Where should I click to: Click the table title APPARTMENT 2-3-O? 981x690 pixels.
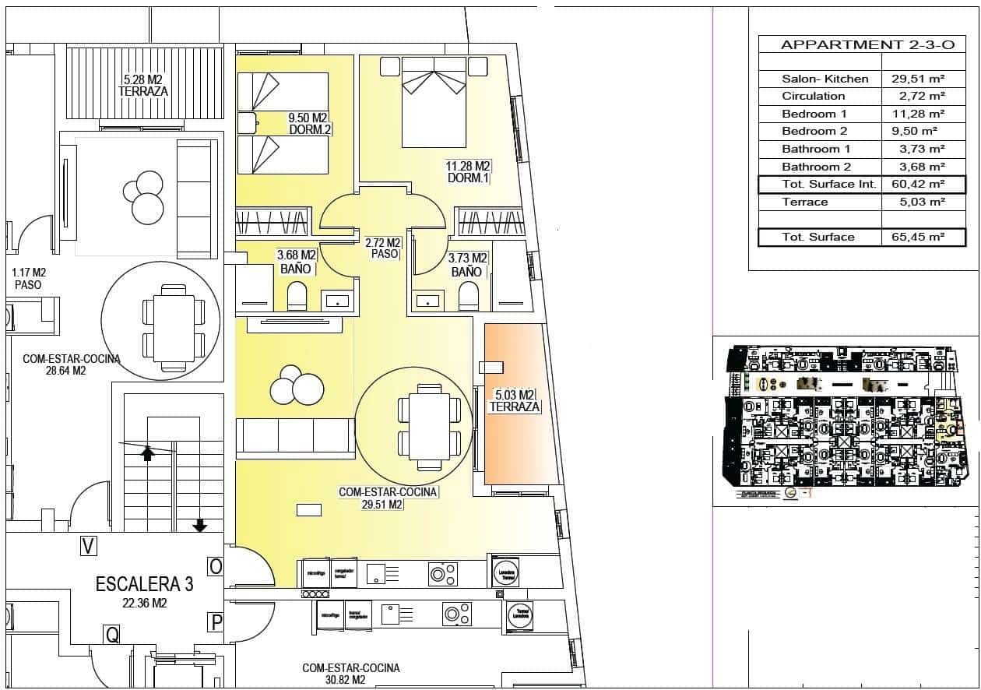pyautogui.click(x=867, y=44)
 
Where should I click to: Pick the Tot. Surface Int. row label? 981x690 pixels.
pyautogui.click(x=828, y=185)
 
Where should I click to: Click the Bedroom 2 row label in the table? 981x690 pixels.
pyautogui.click(x=814, y=131)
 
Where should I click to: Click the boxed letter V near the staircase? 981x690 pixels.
pyautogui.click(x=90, y=547)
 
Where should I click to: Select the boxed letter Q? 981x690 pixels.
pyautogui.click(x=113, y=635)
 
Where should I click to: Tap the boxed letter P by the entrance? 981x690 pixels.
pyautogui.click(x=216, y=621)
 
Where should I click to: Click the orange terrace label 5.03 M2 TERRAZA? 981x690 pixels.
pyautogui.click(x=515, y=400)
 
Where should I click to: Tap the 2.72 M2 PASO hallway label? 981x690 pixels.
pyautogui.click(x=384, y=248)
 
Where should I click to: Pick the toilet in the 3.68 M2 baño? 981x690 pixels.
pyautogui.click(x=297, y=297)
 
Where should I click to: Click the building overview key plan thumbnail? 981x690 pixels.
pyautogui.click(x=845, y=421)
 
